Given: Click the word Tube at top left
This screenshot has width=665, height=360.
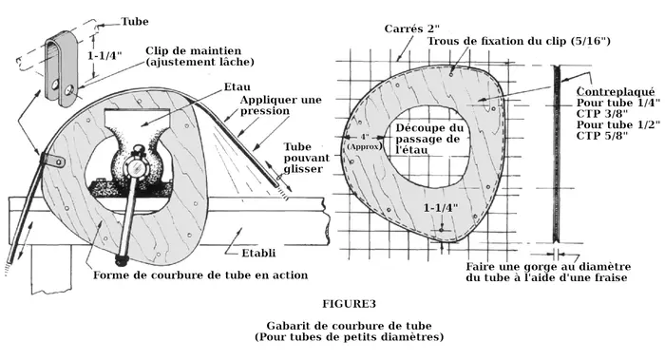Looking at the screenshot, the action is [x=135, y=22].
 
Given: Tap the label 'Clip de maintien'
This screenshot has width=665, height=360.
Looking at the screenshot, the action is [x=193, y=51].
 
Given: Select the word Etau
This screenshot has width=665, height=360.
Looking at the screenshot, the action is [x=237, y=87].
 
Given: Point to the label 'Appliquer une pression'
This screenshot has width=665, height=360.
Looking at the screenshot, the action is [x=281, y=105].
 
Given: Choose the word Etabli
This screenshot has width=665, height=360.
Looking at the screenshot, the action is [x=258, y=254].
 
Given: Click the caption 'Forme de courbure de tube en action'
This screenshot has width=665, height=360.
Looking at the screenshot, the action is [x=200, y=275].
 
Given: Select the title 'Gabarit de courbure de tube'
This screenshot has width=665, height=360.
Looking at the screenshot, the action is [x=349, y=326].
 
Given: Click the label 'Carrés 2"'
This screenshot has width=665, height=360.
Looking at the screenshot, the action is [x=411, y=28].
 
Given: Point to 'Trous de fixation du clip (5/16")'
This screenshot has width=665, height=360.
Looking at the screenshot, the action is [x=519, y=41].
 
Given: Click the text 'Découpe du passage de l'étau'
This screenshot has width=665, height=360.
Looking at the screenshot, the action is [x=429, y=139].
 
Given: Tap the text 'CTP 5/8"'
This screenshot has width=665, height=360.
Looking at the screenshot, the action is [x=601, y=136].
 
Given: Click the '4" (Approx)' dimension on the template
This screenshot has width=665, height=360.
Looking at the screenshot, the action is [x=364, y=142].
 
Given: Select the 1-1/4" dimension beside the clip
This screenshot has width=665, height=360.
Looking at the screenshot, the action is [x=104, y=55].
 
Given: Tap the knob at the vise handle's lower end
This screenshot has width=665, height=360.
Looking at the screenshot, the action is [x=123, y=257].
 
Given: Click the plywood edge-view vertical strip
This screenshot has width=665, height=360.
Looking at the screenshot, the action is [x=556, y=154].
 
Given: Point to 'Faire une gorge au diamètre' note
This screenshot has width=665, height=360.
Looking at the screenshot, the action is [x=548, y=267].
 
